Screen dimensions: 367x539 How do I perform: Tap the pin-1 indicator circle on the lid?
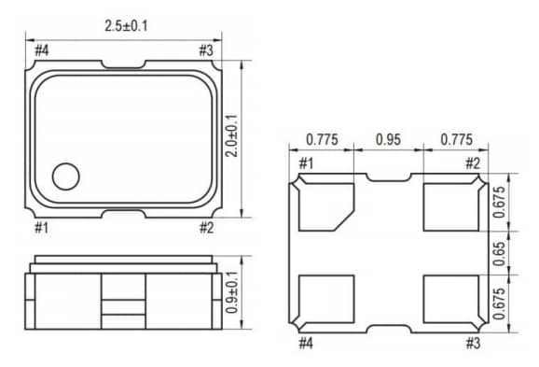point(67,175)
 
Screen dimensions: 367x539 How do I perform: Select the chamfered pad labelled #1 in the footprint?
point(326,207)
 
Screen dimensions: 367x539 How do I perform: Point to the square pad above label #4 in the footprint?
point(326,298)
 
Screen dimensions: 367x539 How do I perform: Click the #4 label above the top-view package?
point(42,49)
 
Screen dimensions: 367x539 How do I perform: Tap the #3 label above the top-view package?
point(207,49)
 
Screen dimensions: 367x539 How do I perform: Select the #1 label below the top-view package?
point(42,227)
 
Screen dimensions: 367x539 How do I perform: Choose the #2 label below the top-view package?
point(207,227)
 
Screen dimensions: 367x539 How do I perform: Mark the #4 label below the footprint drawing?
point(305,343)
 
